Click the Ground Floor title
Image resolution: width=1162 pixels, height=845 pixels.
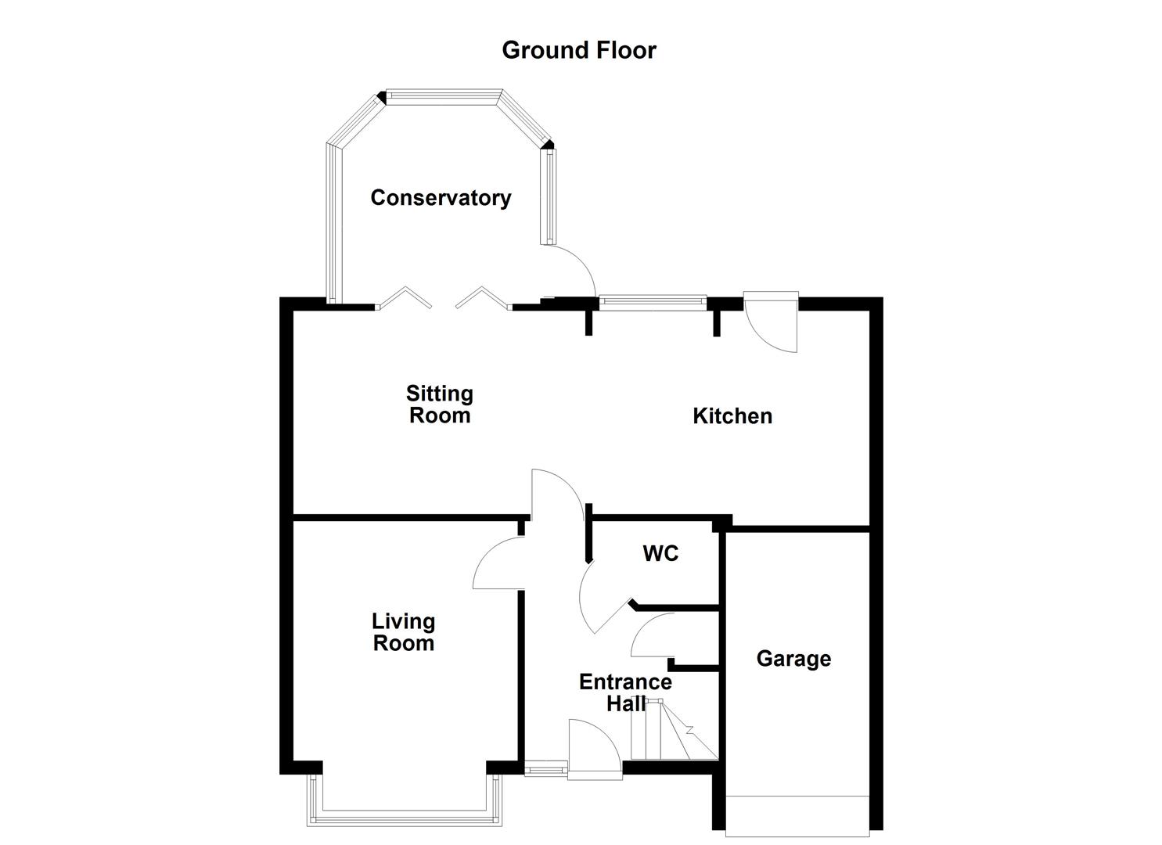[x=578, y=50]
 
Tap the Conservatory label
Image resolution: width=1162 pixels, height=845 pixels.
[x=441, y=198]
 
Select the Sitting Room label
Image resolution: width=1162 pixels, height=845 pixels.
[x=440, y=404]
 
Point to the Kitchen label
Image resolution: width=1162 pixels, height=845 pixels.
[x=732, y=415]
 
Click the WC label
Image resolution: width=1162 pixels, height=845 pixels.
[x=660, y=554]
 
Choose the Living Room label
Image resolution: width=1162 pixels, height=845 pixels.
[x=403, y=632]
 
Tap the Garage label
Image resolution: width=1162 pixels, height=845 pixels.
[x=793, y=659]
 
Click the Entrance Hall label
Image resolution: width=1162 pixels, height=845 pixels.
[x=625, y=692]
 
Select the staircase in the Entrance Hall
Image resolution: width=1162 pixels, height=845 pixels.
[x=673, y=732]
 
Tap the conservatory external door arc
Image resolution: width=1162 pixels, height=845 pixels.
[x=575, y=270]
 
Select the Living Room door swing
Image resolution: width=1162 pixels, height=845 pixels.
[x=498, y=565]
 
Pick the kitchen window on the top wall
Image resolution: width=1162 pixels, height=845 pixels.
[x=651, y=302]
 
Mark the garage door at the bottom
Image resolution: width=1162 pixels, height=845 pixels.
[x=797, y=813]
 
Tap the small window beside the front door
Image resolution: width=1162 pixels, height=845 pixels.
[x=545, y=770]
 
